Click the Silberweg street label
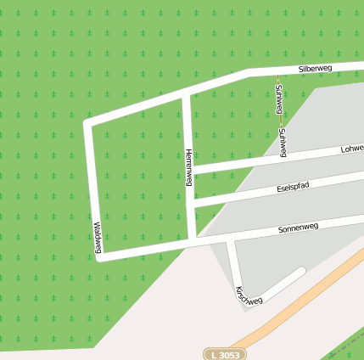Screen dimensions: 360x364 tap(315, 67)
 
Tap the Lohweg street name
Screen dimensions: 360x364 tap(351, 149)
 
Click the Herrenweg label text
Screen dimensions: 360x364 tap(188, 167)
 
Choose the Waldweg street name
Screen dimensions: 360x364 tap(98, 238)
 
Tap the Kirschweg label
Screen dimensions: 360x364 tap(249, 295)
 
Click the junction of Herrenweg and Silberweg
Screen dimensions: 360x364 tap(186, 94)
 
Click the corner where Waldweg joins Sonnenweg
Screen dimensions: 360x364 tap(100, 256)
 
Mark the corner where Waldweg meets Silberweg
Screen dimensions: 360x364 tap(87, 124)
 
